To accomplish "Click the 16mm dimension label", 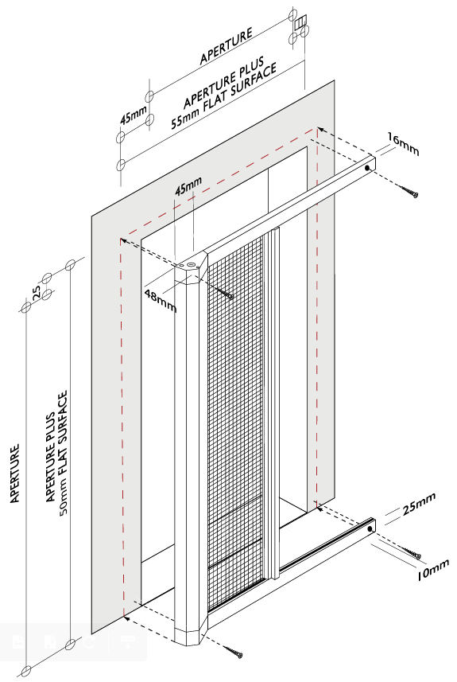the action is (x=403, y=144).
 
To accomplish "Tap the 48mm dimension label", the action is (x=161, y=301).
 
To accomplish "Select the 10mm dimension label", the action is (x=432, y=571).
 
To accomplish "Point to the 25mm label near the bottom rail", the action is (x=419, y=504).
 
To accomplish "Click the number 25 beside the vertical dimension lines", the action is (x=37, y=291).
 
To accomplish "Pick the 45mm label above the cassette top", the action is (x=188, y=185).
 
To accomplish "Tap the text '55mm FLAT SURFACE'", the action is (x=224, y=97).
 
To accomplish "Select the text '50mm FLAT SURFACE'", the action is (x=63, y=452).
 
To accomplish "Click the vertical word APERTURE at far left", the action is (x=15, y=474).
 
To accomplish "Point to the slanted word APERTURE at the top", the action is (x=226, y=46).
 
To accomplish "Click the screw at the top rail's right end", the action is (x=409, y=191).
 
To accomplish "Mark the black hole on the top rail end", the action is (x=367, y=167).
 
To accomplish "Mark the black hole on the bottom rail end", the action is (x=370, y=529).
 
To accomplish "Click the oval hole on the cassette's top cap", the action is (x=190, y=264).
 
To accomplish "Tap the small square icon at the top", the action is (x=300, y=22).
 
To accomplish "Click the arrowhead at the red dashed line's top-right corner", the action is (x=320, y=129).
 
